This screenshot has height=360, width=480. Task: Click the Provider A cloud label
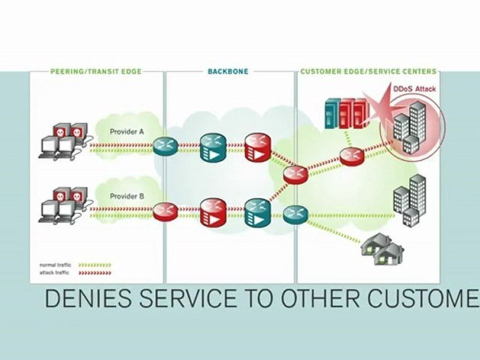(x=127, y=132)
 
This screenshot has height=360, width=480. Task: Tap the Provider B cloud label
(x=127, y=196)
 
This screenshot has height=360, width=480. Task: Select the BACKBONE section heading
(x=227, y=71)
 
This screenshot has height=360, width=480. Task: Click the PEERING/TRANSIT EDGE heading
(x=96, y=71)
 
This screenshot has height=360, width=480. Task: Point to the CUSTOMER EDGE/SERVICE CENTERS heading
(x=368, y=71)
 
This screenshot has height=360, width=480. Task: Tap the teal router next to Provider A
(x=165, y=145)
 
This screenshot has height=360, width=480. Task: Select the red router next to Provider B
(x=165, y=209)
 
